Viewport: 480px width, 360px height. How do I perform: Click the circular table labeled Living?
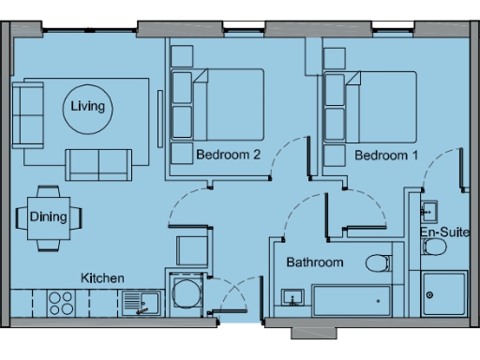pyautogui.click(x=88, y=108)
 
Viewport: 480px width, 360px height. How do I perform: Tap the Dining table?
pyautogui.click(x=48, y=217)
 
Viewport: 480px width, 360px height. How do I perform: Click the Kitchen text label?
pyautogui.click(x=102, y=278)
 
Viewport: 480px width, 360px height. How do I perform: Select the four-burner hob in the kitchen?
pyautogui.click(x=62, y=302)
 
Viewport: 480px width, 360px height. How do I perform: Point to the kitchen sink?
pyautogui.click(x=142, y=302)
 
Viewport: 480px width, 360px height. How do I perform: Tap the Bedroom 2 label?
pyautogui.click(x=228, y=156)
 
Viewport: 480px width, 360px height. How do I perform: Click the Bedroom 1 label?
pyautogui.click(x=386, y=156)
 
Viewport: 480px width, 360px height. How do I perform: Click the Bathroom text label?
pyautogui.click(x=315, y=262)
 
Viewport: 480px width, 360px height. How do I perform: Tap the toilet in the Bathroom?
pyautogui.click(x=378, y=262)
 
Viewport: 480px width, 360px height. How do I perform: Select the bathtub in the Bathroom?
pyautogui.click(x=352, y=301)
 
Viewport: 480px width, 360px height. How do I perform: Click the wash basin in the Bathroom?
pyautogui.click(x=292, y=299)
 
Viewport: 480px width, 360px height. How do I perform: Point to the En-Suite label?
pyautogui.click(x=443, y=231)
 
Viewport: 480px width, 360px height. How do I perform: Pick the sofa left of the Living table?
pyautogui.click(x=28, y=112)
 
